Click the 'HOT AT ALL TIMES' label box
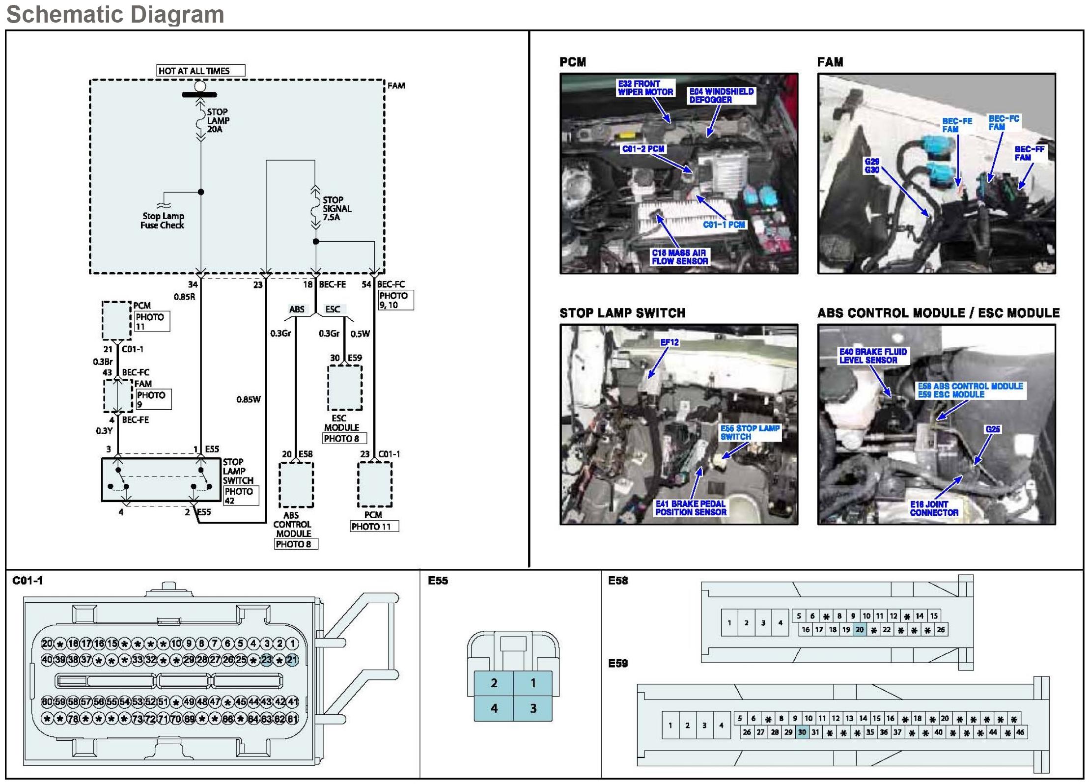click(200, 71)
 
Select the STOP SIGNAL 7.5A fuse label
click(336, 208)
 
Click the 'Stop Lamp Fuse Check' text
click(163, 221)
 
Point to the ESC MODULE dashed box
click(345, 388)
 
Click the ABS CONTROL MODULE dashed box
click(296, 485)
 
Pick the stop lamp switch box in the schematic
click(161, 479)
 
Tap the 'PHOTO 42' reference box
click(241, 496)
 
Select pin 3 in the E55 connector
click(533, 708)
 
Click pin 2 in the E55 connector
click(494, 683)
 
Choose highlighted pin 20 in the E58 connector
click(860, 630)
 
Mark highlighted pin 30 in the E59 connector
click(802, 732)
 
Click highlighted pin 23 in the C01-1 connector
click(267, 660)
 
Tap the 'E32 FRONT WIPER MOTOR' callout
click(645, 88)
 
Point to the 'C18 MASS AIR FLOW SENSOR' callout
click(679, 257)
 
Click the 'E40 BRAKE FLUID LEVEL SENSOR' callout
click(873, 356)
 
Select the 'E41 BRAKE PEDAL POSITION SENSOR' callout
click(691, 508)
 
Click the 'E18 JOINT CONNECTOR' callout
click(934, 508)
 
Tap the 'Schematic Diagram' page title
click(115, 14)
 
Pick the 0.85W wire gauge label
click(249, 399)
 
